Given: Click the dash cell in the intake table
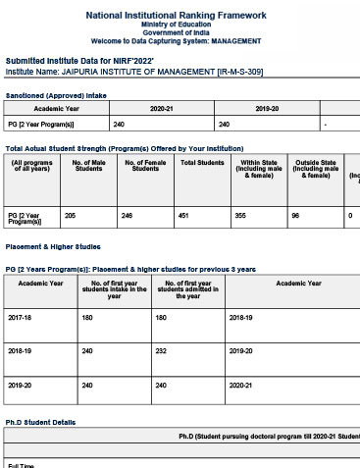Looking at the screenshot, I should [325, 125].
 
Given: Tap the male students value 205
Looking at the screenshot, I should [70, 214].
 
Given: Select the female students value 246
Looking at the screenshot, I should [128, 214].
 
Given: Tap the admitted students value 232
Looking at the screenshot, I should [162, 350].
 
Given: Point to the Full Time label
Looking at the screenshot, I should [22, 464].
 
